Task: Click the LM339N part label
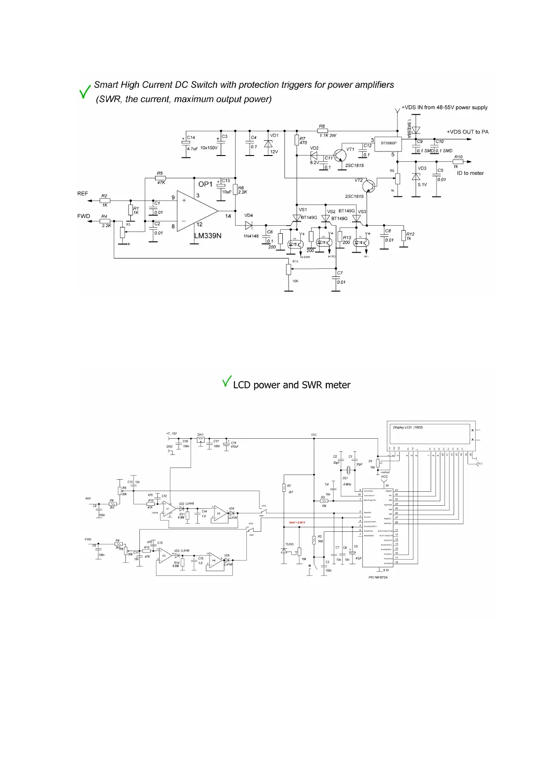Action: click(207, 236)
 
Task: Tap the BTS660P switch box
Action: click(388, 143)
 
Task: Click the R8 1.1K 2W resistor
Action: click(322, 131)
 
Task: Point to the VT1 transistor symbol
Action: click(340, 156)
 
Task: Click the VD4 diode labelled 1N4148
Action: click(249, 226)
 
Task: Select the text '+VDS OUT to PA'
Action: click(467, 132)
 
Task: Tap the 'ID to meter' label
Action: click(470, 173)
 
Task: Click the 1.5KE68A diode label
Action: click(409, 129)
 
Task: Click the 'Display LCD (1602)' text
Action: click(408, 427)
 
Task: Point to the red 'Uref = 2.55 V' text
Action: click(297, 522)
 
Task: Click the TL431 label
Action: click(290, 544)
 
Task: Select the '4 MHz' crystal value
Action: click(347, 484)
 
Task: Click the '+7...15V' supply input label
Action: click(171, 434)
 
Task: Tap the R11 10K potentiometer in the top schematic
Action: click(289, 269)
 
